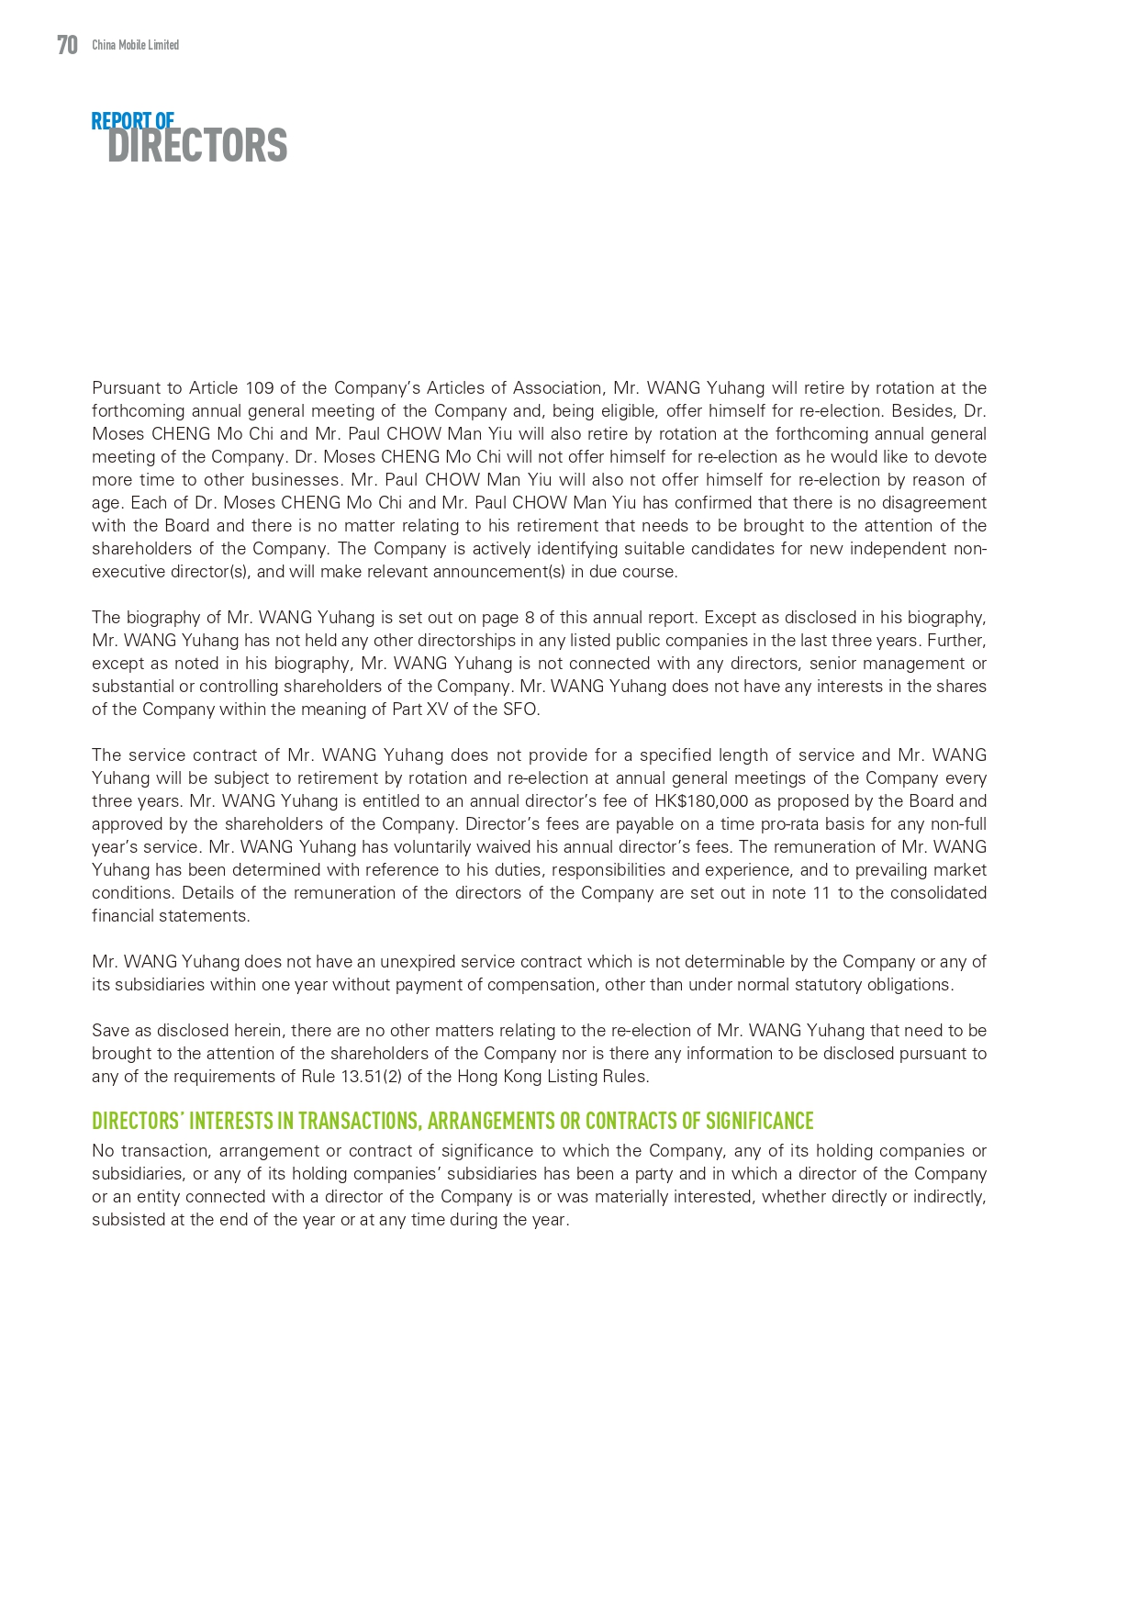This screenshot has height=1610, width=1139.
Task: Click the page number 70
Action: point(67,45)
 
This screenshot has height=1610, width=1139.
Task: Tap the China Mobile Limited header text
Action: point(135,45)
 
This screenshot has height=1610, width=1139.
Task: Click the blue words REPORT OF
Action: point(132,120)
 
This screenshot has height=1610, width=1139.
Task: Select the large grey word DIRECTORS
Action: point(197,147)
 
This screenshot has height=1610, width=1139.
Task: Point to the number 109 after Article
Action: point(259,388)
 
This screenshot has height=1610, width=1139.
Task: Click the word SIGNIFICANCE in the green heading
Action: point(759,1121)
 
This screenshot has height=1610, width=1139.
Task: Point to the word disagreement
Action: point(933,503)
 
